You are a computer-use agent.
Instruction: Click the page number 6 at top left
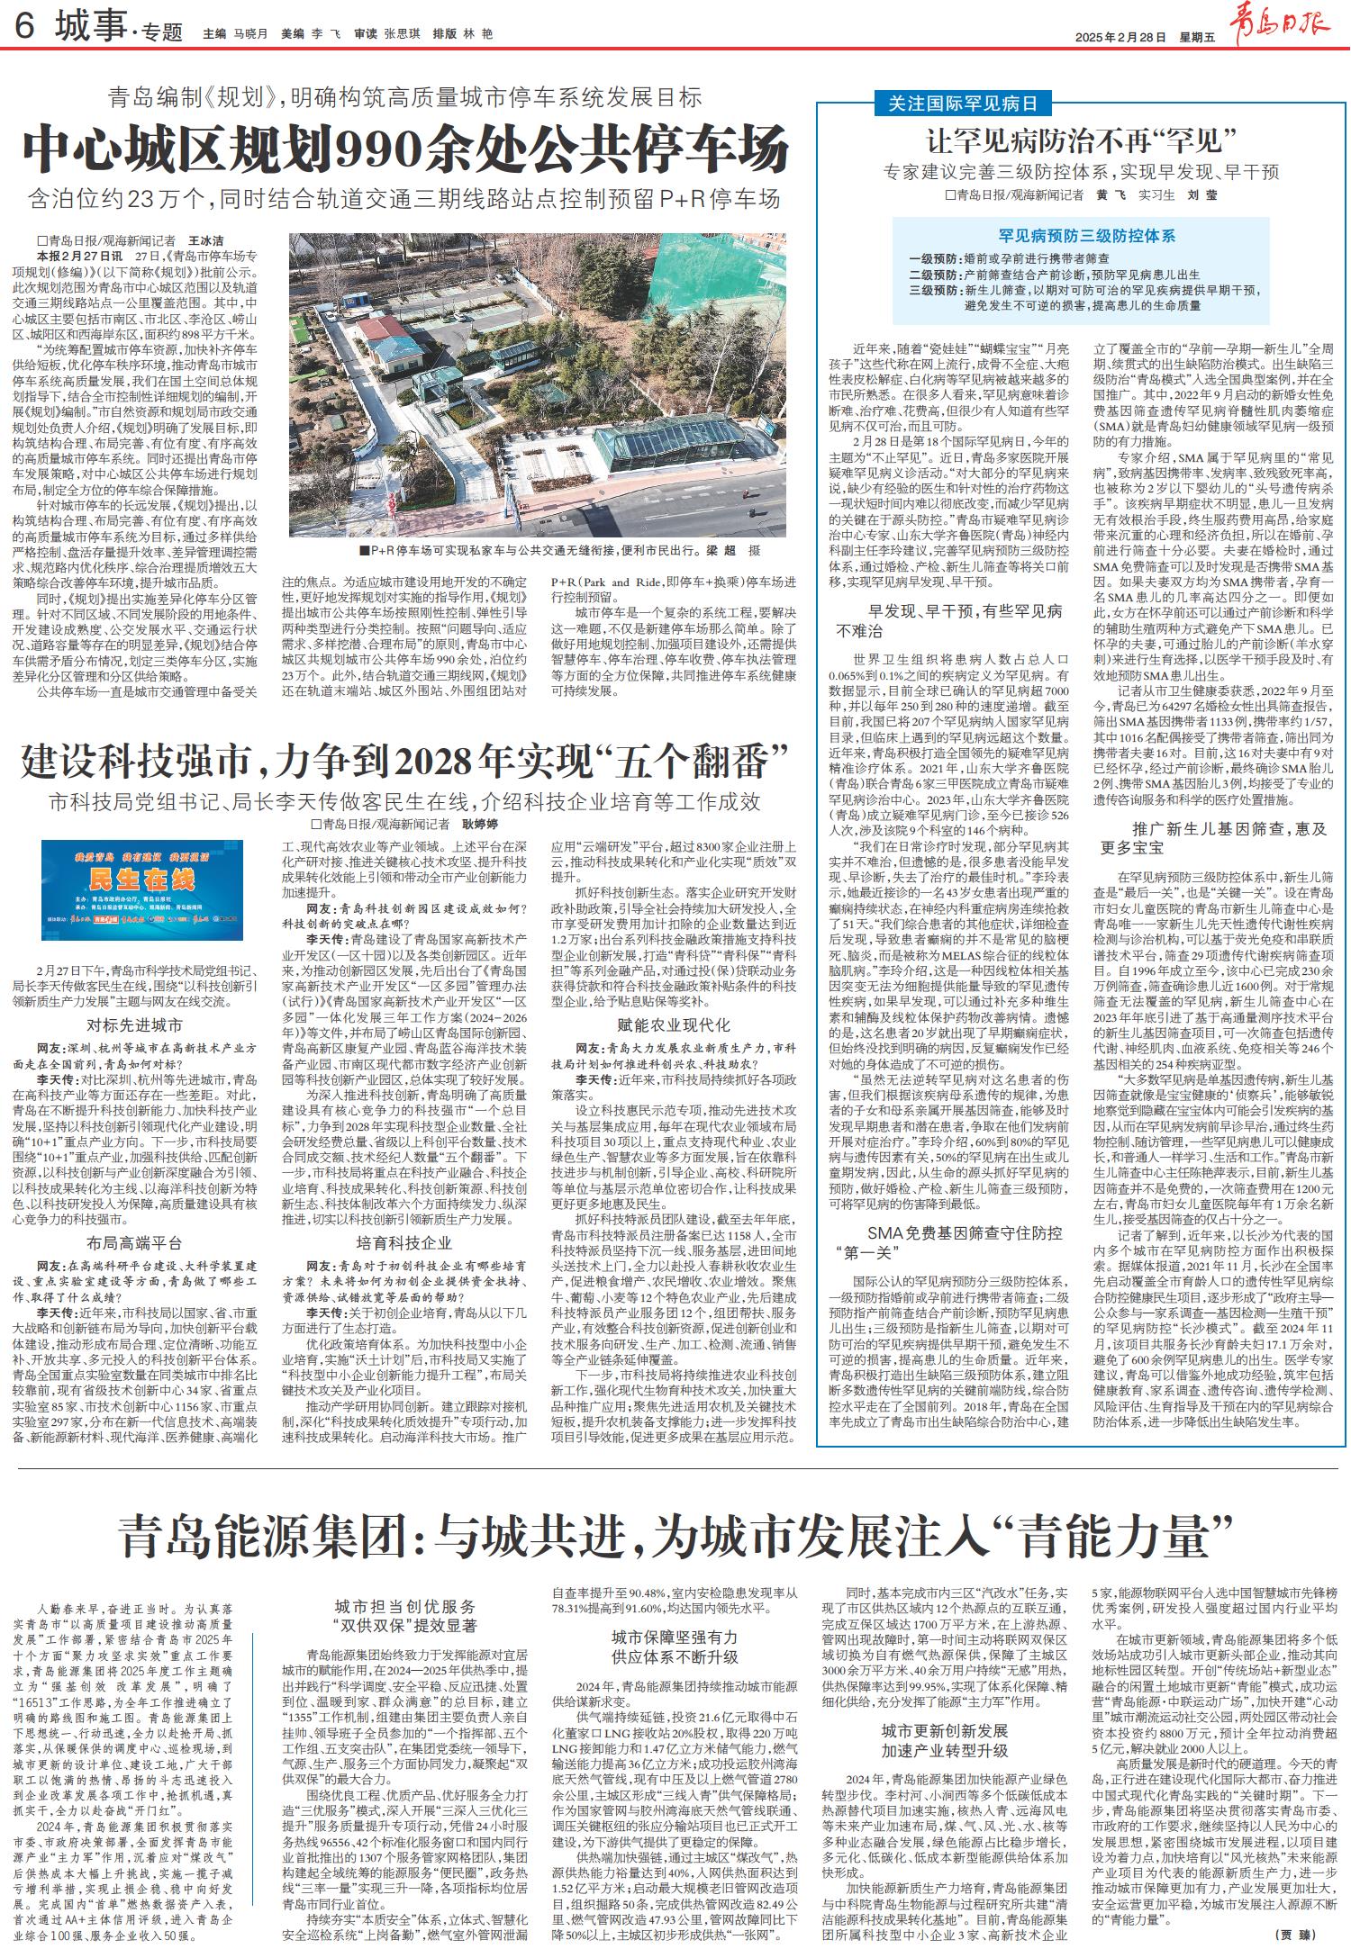pos(25,31)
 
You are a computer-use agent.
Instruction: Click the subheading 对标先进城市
pos(135,1024)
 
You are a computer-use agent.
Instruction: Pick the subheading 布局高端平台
pos(135,1242)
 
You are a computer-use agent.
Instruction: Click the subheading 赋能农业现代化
pos(674,1024)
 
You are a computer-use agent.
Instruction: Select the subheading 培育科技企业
pos(403,1243)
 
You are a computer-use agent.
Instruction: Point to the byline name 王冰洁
pos(204,241)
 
